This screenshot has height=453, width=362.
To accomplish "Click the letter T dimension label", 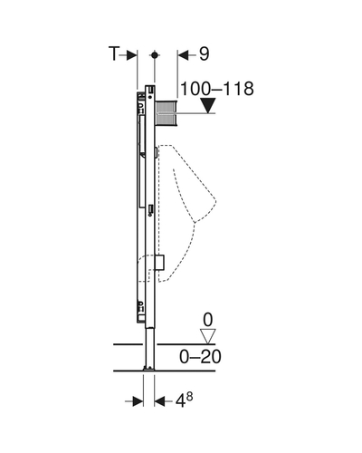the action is click(114, 54).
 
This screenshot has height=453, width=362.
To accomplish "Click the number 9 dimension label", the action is click(204, 54).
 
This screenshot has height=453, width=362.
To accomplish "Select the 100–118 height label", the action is click(217, 89).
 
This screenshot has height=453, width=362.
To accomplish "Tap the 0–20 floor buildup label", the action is click(200, 357).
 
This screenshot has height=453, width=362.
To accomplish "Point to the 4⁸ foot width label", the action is click(185, 400).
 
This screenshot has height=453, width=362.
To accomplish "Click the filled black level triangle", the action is click(208, 105).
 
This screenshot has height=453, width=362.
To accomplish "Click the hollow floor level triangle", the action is click(208, 336).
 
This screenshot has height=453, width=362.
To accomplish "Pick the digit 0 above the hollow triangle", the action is click(208, 320).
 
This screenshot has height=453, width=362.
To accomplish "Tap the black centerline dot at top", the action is click(155, 55).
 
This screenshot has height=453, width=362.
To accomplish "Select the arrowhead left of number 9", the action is click(183, 55).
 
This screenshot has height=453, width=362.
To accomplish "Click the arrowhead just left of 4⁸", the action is click(160, 401).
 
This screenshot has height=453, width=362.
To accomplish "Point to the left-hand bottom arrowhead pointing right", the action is click(138, 401).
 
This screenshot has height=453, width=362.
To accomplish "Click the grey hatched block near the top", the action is click(166, 113).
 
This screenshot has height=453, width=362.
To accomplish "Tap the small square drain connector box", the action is click(159, 262).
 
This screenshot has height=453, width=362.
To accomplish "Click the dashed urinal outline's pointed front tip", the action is click(216, 200).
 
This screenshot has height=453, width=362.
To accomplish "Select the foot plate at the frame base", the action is click(149, 368).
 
